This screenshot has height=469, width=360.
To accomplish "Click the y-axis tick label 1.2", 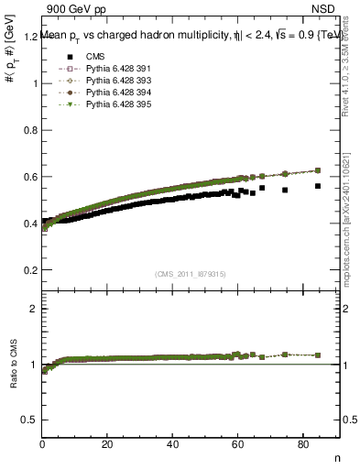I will [29, 37].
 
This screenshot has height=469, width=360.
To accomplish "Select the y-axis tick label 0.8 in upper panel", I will [29, 130].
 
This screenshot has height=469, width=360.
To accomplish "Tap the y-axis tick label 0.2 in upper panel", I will [29, 270].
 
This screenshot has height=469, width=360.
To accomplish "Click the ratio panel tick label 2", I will [34, 309].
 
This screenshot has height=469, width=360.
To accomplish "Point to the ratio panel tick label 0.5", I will [29, 420].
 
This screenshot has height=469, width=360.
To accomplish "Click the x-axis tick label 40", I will [172, 444].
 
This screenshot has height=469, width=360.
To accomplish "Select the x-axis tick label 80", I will [303, 444].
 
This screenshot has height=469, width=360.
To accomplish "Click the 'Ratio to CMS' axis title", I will [14, 365].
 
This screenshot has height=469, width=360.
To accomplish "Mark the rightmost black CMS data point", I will [318, 186].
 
